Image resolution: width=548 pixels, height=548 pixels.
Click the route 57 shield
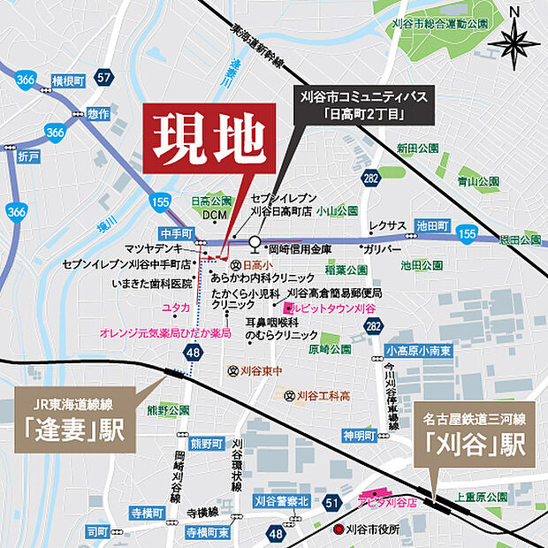(x=104, y=78)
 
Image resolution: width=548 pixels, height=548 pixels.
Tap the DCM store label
(x=215, y=215)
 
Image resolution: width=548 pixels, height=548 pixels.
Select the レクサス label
(x=387, y=226)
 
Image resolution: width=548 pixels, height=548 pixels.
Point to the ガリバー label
(x=382, y=249)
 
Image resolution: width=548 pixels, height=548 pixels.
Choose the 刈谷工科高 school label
(x=323, y=395)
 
